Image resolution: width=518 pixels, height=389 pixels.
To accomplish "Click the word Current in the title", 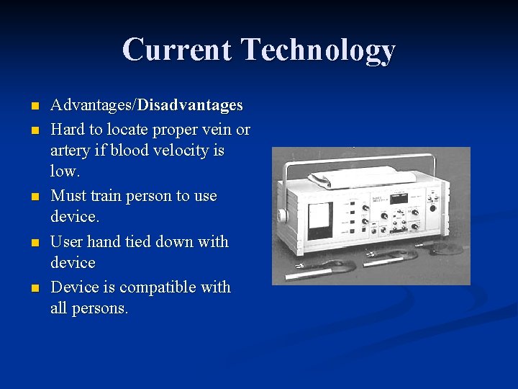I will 178,50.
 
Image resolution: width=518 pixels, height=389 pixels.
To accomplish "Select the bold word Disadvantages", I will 190,106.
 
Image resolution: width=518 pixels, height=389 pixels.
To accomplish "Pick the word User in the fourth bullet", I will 67,242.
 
